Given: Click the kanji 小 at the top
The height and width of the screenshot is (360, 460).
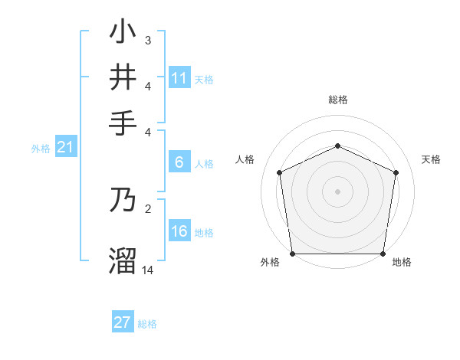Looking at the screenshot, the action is coord(123,32).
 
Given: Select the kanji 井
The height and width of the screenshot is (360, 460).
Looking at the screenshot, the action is coord(123,78).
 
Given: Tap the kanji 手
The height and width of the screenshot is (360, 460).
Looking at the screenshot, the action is coord(123,123).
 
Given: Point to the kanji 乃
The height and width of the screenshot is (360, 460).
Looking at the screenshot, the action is coord(123,200).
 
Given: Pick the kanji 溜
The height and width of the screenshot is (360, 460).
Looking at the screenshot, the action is coord(123,260).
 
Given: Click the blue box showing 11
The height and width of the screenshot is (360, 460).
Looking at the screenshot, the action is coord(179,78).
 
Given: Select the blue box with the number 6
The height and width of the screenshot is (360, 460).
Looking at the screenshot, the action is coord(179,162).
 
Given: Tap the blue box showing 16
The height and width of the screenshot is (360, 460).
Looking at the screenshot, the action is coord(179,232).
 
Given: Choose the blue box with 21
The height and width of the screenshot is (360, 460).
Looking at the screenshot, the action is coord(64,148).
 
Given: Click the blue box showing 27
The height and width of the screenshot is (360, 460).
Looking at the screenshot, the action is coord(123,322).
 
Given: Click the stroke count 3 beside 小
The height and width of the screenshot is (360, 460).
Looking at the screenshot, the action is coord(147,40).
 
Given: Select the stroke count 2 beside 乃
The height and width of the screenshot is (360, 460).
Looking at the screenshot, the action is coord(147,208).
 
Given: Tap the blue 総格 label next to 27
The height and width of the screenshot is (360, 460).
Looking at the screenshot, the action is coord(147,324).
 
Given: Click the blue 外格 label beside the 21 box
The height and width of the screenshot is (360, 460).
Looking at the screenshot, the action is coord(40,149).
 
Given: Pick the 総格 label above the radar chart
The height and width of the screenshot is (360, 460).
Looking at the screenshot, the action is coord(337,100).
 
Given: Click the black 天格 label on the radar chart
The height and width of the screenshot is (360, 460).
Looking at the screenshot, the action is coord(431,159).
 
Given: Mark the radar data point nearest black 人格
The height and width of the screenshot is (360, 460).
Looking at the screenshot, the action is coord(280,172).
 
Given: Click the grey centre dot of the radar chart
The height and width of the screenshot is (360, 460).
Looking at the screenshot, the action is coord(337,191).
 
